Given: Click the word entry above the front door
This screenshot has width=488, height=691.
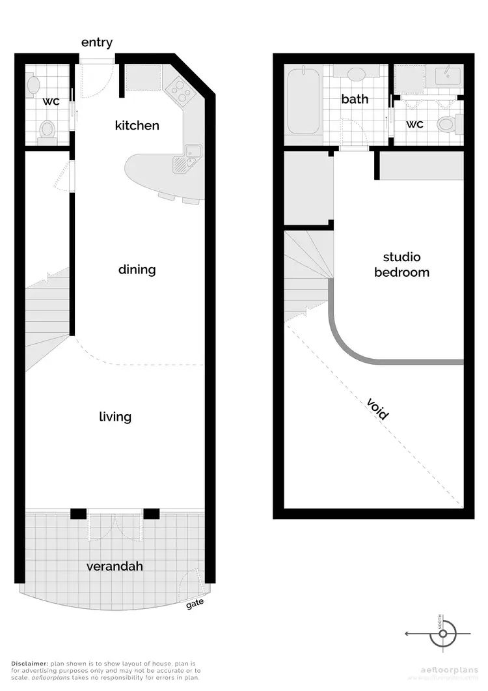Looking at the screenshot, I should pos(97,43).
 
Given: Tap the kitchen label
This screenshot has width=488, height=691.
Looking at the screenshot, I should pos(137,125).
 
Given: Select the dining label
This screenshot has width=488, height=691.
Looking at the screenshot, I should pos(137,270).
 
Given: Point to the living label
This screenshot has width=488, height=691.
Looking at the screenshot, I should pos(115,417).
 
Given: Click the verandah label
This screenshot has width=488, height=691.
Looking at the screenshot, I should pos(115,567).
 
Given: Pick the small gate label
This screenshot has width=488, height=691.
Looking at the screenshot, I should pos(195,603).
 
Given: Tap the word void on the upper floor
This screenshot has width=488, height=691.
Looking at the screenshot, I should pos(378,408).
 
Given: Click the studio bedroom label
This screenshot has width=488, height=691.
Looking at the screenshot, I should pos(401,265).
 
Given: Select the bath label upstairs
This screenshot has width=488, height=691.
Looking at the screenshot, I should pos(355,99).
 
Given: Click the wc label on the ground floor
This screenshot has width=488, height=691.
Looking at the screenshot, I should pos(51,102).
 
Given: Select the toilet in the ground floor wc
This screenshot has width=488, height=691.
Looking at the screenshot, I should pos(47,130).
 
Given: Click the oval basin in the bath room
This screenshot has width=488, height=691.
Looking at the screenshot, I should pos(356,74).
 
